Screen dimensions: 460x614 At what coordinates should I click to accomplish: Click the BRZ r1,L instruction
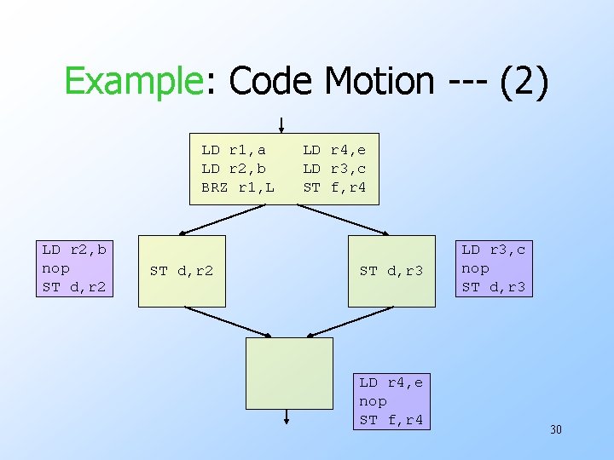coord(238,187)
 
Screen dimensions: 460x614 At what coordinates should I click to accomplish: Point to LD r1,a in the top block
coord(234,150)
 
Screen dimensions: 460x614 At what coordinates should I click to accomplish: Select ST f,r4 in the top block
coord(334,187)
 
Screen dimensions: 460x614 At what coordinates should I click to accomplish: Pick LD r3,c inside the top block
coord(334,169)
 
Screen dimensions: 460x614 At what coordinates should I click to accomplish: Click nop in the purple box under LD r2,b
coord(56,268)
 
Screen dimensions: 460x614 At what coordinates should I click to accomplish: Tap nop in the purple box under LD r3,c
coord(476,268)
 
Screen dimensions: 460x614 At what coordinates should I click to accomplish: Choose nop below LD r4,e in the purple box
coord(374,401)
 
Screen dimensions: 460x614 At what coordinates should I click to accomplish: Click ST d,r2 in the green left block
coord(182,272)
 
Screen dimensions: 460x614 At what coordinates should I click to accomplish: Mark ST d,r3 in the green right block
coord(391,272)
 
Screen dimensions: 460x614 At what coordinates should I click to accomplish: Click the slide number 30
coord(555,429)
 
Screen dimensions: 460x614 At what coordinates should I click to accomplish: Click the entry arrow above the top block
coord(281,124)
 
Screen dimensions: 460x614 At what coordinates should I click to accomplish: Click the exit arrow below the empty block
coord(288,416)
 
